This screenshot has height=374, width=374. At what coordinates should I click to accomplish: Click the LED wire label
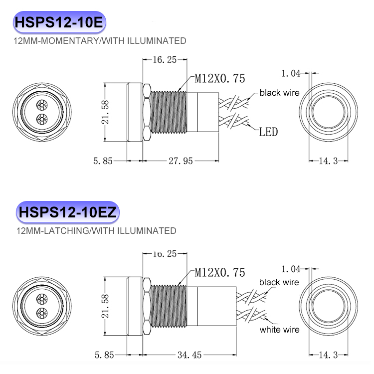(x=268, y=132)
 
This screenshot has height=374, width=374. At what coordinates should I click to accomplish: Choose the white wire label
(x=279, y=330)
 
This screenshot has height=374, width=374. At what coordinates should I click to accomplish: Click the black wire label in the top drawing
(x=279, y=93)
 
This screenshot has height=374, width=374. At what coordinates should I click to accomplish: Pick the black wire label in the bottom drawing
(x=279, y=282)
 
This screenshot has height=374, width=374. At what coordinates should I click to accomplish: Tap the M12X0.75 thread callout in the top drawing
(x=219, y=79)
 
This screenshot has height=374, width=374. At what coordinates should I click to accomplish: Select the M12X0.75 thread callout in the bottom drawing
(x=219, y=272)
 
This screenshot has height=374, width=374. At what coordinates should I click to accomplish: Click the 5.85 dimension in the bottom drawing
(x=105, y=355)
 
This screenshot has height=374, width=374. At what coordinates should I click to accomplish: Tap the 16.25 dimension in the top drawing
(x=165, y=60)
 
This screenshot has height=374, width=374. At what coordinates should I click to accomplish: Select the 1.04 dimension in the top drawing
(x=291, y=74)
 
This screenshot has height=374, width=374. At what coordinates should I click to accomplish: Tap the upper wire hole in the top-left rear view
(x=41, y=106)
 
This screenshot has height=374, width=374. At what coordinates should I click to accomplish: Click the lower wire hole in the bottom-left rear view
(x=41, y=313)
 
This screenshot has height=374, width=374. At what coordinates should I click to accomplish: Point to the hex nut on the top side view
(x=146, y=113)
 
